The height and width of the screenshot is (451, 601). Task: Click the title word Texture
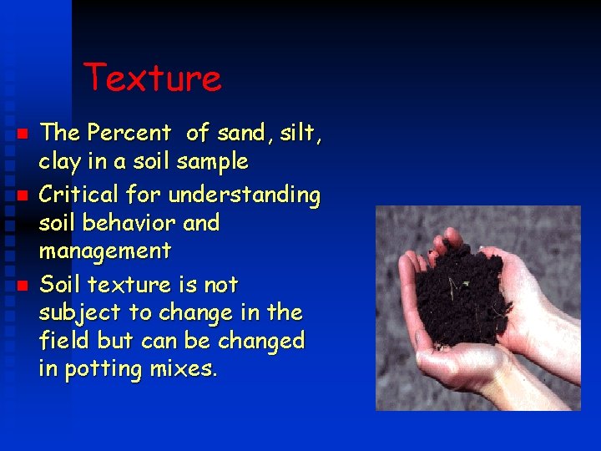click(153, 79)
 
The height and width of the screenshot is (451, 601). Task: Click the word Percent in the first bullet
click(129, 133)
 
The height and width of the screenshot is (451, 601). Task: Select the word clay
click(63, 160)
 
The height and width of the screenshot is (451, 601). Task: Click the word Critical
click(80, 195)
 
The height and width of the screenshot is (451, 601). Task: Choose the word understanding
click(244, 196)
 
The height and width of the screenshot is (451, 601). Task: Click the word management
click(105, 251)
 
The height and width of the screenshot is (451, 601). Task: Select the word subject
click(78, 314)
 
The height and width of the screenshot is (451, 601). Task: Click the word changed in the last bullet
click(265, 342)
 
